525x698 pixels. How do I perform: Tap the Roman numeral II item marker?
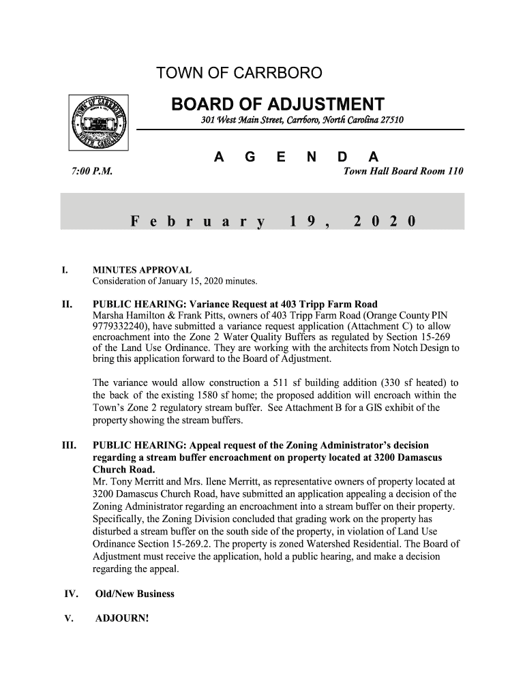[x=67, y=303]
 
